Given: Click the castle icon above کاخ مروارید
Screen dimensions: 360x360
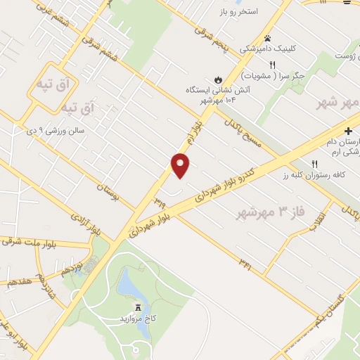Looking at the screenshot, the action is point(138,307).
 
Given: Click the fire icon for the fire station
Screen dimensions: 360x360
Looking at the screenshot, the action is point(219,78).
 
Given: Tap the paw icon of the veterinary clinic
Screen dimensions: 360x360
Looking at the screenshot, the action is point(267,38).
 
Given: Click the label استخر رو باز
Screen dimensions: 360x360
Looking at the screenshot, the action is point(257,12).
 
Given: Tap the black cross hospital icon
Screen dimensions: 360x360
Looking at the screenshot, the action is point(349,131).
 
